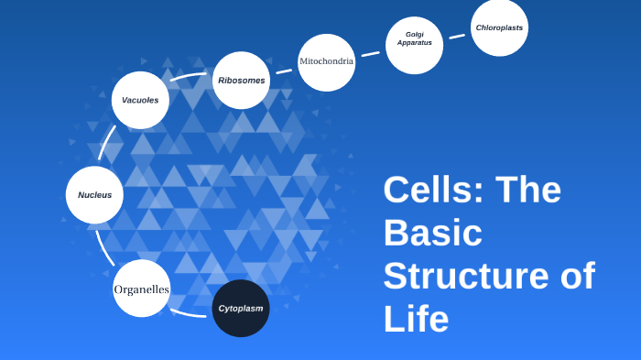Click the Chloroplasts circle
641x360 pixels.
point(499,27)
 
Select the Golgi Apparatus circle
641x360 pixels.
point(414,45)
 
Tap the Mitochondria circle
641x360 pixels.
point(326,62)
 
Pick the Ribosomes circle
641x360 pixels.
point(242,81)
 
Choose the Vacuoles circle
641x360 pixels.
point(140,100)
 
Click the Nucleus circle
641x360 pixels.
point(94,195)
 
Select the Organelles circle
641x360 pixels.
point(141,289)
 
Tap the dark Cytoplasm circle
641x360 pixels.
point(241,308)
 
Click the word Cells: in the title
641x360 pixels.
point(433,190)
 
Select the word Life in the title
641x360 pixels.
point(416,319)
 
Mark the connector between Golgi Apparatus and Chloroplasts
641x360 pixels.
point(457,36)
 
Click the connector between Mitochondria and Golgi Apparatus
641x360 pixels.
point(370,54)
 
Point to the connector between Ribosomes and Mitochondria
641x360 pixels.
point(284,71)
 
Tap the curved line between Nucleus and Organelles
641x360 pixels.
point(102,245)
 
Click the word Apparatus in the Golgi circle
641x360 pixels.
point(414,43)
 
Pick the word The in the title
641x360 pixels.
point(528,190)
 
